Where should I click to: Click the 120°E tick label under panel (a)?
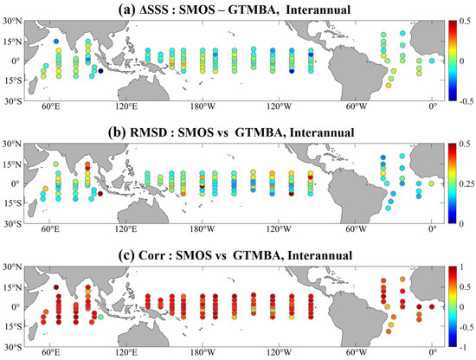(126, 111)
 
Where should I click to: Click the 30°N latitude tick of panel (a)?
(11, 20)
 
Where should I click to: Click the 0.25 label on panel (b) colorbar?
(463, 183)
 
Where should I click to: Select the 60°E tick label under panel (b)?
(50, 232)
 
